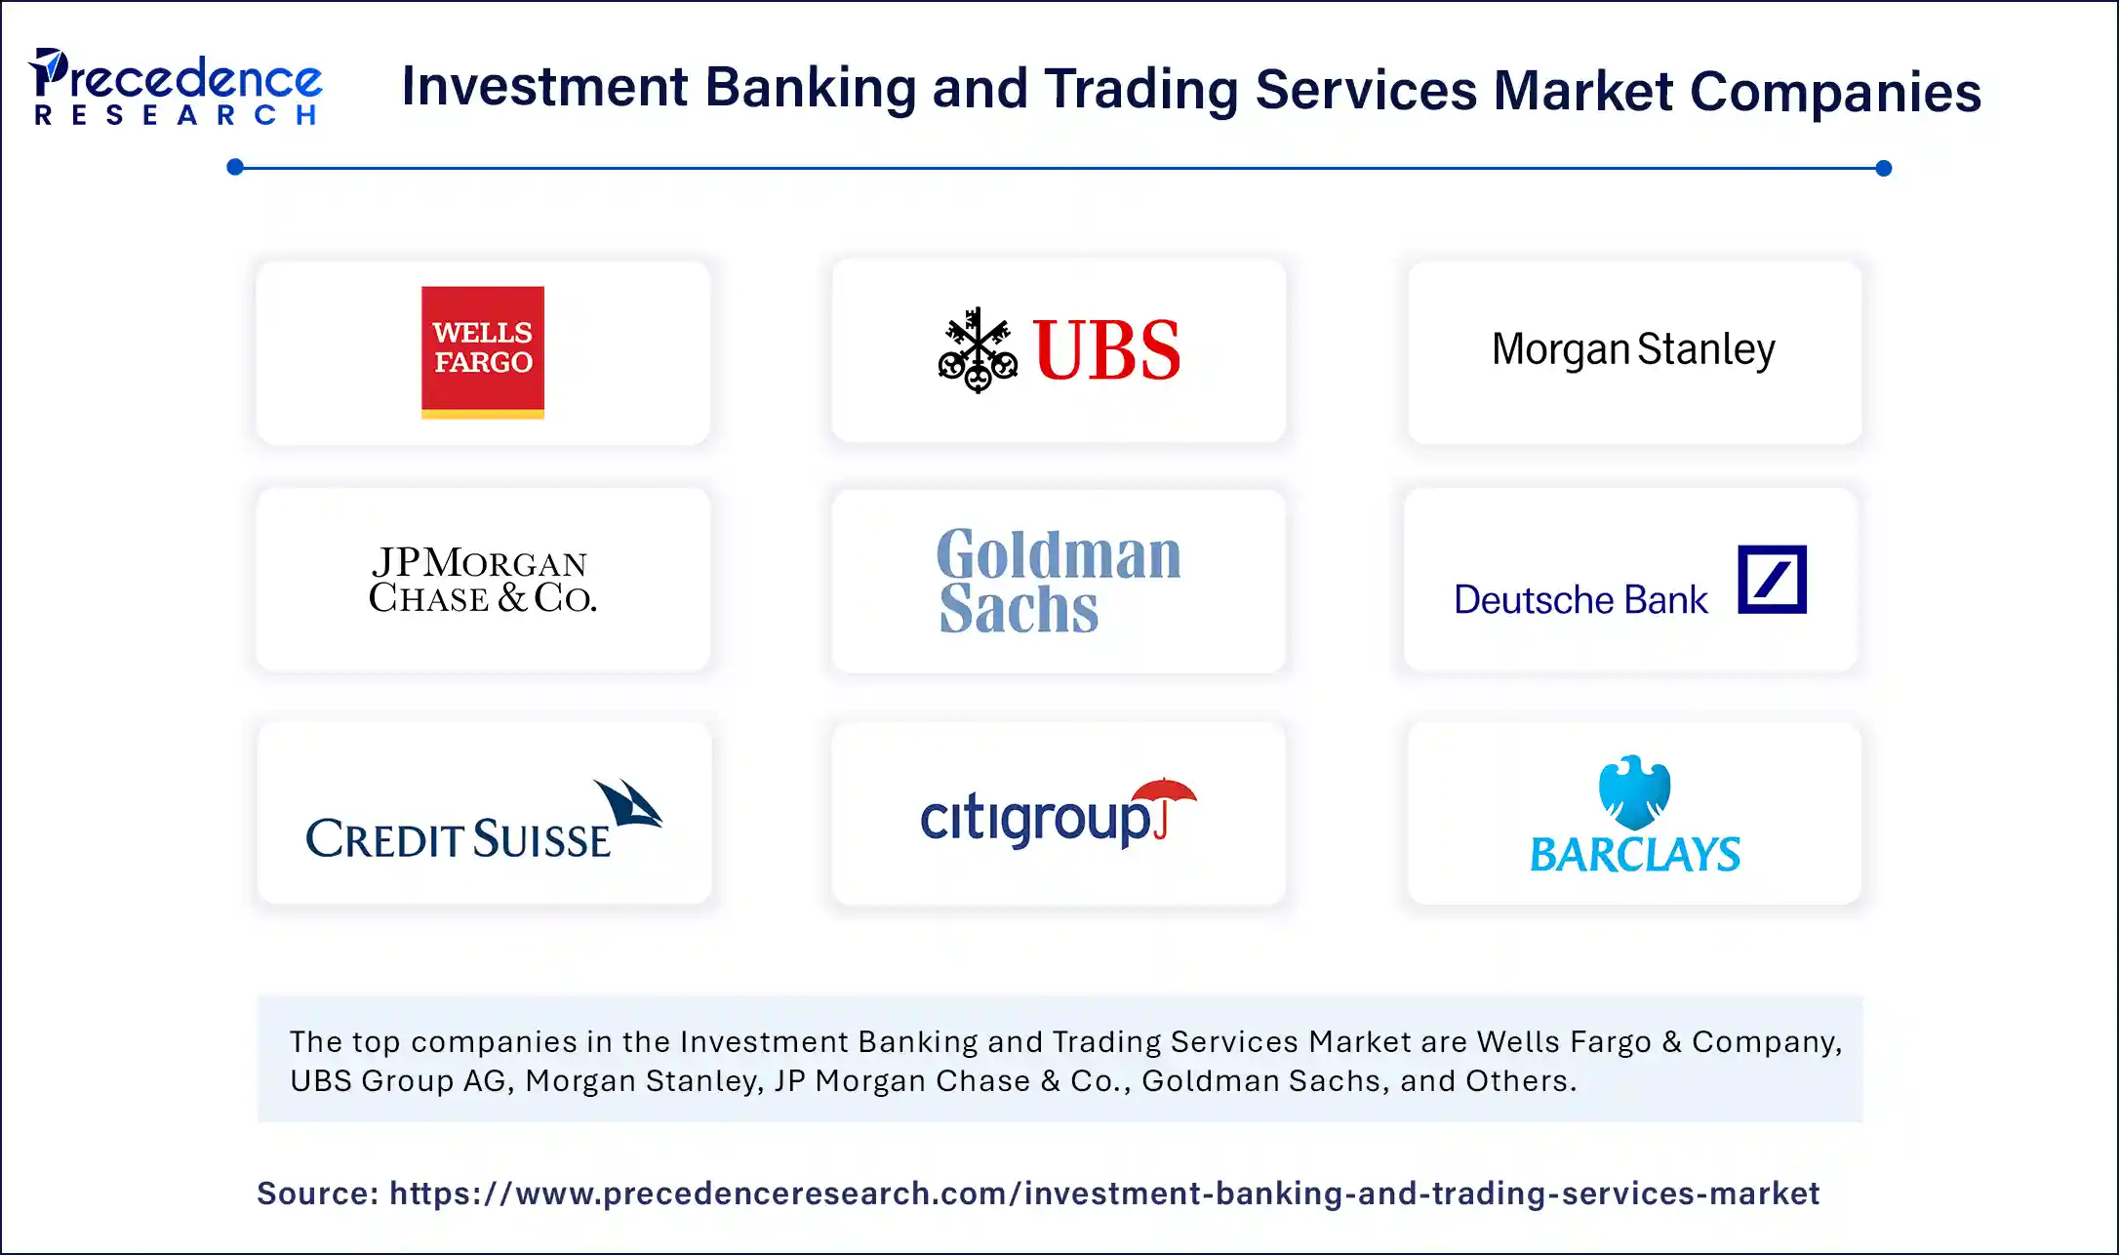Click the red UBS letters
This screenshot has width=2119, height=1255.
pos(1107,350)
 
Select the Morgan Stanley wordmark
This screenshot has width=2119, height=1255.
pos(1633,349)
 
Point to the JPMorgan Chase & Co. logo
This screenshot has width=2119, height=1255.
pos(482,581)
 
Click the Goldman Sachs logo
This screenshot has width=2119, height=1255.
pos(1058,581)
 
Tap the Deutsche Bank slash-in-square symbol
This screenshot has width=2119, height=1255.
pos(1772,580)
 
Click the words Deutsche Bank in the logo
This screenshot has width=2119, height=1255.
pos(1580,599)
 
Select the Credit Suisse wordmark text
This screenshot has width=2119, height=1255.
pos(459,839)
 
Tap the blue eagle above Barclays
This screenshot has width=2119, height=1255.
pos(1634,790)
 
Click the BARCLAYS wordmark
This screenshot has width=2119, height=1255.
pos(1634,855)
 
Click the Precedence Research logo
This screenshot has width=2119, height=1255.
pos(176,88)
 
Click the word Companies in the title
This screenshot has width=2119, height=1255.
pos(1834,92)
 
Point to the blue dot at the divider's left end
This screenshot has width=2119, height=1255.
pos(235,167)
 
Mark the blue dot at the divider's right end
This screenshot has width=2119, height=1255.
pos(1884,168)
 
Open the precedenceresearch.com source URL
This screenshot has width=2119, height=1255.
pos(1103,1194)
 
